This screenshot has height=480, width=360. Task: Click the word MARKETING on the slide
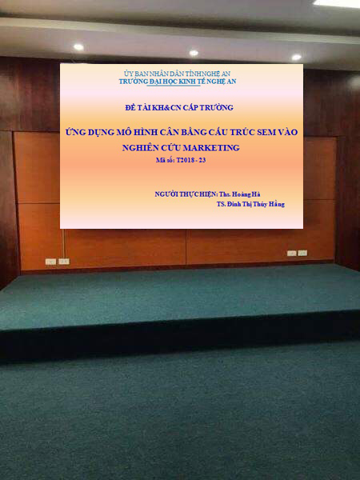(211, 148)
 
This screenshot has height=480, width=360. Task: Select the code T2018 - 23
(191, 160)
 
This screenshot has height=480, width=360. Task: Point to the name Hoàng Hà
(246, 194)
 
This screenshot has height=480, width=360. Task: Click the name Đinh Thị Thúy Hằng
(256, 204)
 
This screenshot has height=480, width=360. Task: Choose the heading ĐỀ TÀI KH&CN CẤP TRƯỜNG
(179, 107)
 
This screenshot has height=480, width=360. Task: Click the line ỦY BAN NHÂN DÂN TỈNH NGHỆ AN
(178, 74)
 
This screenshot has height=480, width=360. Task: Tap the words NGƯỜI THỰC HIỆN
(186, 194)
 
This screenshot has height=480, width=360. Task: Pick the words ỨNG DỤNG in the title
(86, 132)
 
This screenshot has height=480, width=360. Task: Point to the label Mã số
(165, 160)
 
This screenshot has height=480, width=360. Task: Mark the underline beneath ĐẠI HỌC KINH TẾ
(174, 86)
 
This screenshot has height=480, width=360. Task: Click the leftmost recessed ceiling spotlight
(78, 47)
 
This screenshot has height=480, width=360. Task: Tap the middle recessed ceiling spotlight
(194, 53)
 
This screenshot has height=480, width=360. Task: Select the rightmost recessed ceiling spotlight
(296, 58)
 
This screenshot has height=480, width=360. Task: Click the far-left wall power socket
(50, 262)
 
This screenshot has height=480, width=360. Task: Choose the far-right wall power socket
(302, 253)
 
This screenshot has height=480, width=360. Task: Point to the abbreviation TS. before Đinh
(221, 204)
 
